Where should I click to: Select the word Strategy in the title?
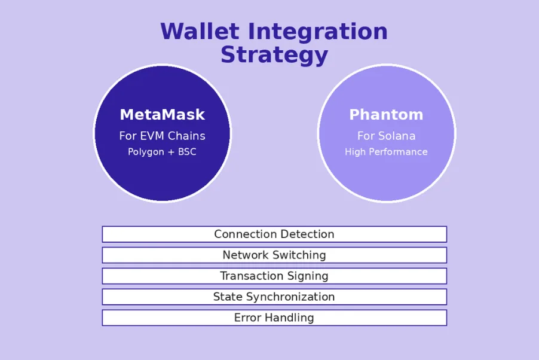click(274, 55)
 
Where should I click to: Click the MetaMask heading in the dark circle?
click(162, 114)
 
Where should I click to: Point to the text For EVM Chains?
click(162, 136)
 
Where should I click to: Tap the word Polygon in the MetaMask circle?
click(146, 152)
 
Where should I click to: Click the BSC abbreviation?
click(186, 152)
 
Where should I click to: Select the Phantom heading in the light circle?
click(386, 114)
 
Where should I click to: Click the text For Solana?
click(386, 136)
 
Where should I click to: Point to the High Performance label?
click(386, 152)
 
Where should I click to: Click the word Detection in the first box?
click(306, 234)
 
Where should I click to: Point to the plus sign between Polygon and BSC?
click(171, 152)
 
